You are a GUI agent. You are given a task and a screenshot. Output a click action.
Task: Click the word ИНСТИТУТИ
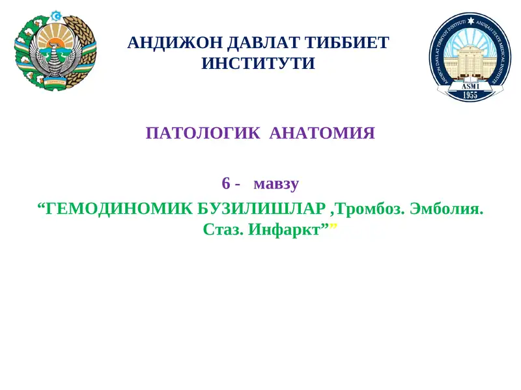pos(259,64)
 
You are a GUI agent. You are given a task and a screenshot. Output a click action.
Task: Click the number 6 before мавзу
pos(226,183)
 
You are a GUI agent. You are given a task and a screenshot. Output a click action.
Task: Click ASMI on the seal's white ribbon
pos(470,85)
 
